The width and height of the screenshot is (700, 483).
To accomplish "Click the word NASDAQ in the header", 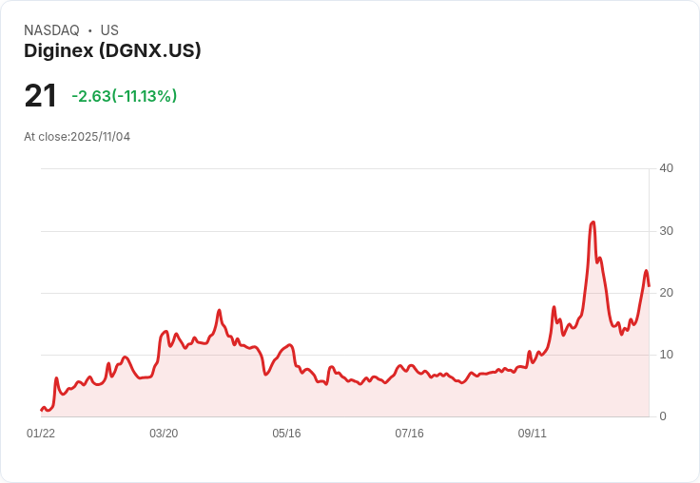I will pos(51,30).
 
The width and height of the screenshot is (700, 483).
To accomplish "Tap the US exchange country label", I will pos(109,30).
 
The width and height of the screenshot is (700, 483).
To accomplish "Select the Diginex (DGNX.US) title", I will pos(112,51).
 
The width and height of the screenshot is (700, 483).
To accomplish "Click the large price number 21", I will pos(41,96).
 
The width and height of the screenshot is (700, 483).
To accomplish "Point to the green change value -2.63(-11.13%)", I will pos(125,96).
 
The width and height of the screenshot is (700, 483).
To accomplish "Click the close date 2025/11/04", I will pos(101,137).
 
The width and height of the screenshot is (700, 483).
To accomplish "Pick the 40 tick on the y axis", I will pos(666,168).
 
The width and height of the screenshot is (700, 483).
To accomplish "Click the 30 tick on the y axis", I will pos(666,231).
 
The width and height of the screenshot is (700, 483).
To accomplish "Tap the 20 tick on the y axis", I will pos(666,293).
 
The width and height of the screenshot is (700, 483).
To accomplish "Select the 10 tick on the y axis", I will pos(666,355).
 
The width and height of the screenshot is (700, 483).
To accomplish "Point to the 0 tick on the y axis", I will pos(663,416).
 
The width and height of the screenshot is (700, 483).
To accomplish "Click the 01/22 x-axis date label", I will pos(41,434).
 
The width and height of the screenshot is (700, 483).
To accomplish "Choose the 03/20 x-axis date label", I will pos(164,434).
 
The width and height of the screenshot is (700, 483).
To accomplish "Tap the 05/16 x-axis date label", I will pos(286,434).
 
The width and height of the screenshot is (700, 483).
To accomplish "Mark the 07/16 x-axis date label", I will pos(409,434).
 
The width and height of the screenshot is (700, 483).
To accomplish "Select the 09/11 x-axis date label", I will pos(532,434).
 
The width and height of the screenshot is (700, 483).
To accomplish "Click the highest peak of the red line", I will pos(593,222).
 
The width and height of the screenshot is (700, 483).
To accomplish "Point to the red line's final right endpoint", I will pos(649,285).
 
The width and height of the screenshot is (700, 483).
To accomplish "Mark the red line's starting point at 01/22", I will pos(41,410).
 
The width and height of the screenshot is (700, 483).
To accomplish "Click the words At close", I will pos(46,137).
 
